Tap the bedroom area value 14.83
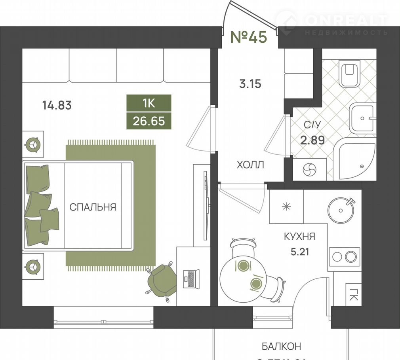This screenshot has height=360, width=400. (57, 105)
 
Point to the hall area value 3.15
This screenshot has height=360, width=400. (250, 84)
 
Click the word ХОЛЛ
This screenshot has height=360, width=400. (250, 165)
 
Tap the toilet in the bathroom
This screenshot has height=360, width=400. (349, 74)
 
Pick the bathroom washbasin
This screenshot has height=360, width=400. (362, 118)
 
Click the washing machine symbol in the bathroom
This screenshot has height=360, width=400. (309, 170)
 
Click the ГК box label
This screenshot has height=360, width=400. (353, 295)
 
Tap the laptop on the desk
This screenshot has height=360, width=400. (191, 279)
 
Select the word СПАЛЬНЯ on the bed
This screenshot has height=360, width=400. (93, 207)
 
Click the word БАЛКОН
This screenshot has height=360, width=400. (282, 346)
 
